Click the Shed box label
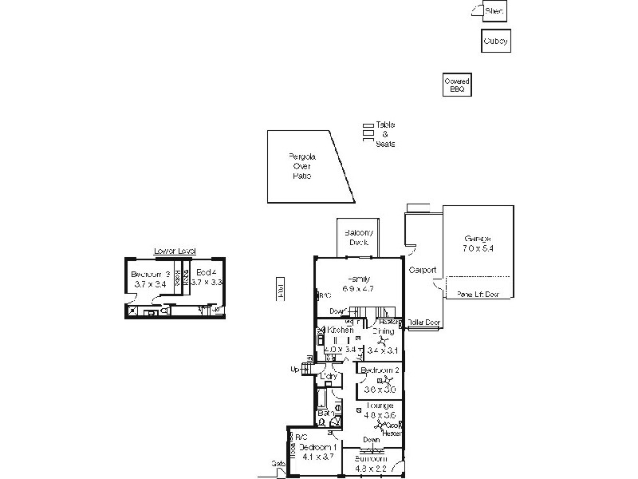point(495,11)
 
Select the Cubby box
point(495,41)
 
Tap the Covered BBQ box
point(458,85)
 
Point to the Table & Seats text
point(385,134)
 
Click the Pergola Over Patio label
point(301,166)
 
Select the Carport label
point(422,270)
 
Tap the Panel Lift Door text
point(478,295)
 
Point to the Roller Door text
point(423,323)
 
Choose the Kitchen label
point(340,330)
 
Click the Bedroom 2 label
point(380,371)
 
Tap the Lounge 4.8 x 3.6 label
point(380,410)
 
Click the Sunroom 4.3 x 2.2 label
point(370,464)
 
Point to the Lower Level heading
point(175,251)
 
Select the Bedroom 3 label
point(150,279)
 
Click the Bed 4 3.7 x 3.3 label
point(206,277)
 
